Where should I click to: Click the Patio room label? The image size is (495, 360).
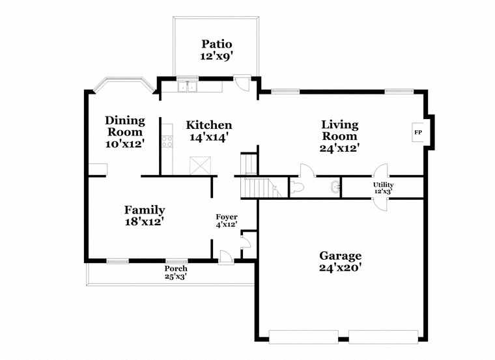click(216, 44)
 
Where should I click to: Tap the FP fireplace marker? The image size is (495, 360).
click(418, 133)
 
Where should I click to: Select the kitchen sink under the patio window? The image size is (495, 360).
click(187, 87)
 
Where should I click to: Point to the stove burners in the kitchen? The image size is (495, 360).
click(167, 141)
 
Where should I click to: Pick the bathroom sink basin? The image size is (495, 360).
click(335, 186)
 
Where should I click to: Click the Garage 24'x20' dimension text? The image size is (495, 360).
click(340, 268)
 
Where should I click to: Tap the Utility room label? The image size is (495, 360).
click(383, 185)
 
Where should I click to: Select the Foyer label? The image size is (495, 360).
click(227, 217)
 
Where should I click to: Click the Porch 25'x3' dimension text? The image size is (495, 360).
click(177, 276)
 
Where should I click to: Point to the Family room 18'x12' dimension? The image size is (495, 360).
click(144, 222)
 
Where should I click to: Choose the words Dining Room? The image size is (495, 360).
click(125, 126)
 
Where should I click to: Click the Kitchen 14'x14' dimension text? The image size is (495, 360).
click(208, 137)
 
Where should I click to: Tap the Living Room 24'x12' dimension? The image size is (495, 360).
click(340, 148)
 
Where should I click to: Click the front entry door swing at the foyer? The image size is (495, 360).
click(226, 256)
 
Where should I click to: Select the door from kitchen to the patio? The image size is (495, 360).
click(242, 83)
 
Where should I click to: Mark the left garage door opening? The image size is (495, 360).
click(304, 337)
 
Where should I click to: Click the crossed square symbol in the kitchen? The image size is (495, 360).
click(200, 165)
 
